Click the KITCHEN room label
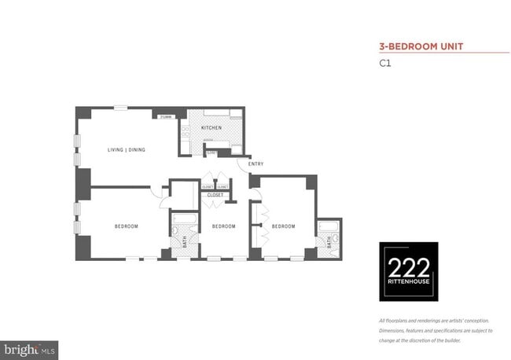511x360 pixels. pyautogui.click(x=211, y=127)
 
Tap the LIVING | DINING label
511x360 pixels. pyautogui.click(x=127, y=149)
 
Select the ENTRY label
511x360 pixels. pyautogui.click(x=256, y=163)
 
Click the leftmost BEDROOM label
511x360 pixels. pyautogui.click(x=127, y=226)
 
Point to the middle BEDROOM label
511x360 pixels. pyautogui.click(x=223, y=226)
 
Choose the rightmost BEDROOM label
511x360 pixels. pyautogui.click(x=283, y=226)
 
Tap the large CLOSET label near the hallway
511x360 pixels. pyautogui.click(x=215, y=194)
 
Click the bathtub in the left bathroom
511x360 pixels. pyautogui.click(x=186, y=220)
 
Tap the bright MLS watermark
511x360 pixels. pyautogui.click(x=29, y=347)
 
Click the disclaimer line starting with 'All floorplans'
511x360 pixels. pyautogui.click(x=432, y=321)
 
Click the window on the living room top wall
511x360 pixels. pyautogui.click(x=120, y=108)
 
